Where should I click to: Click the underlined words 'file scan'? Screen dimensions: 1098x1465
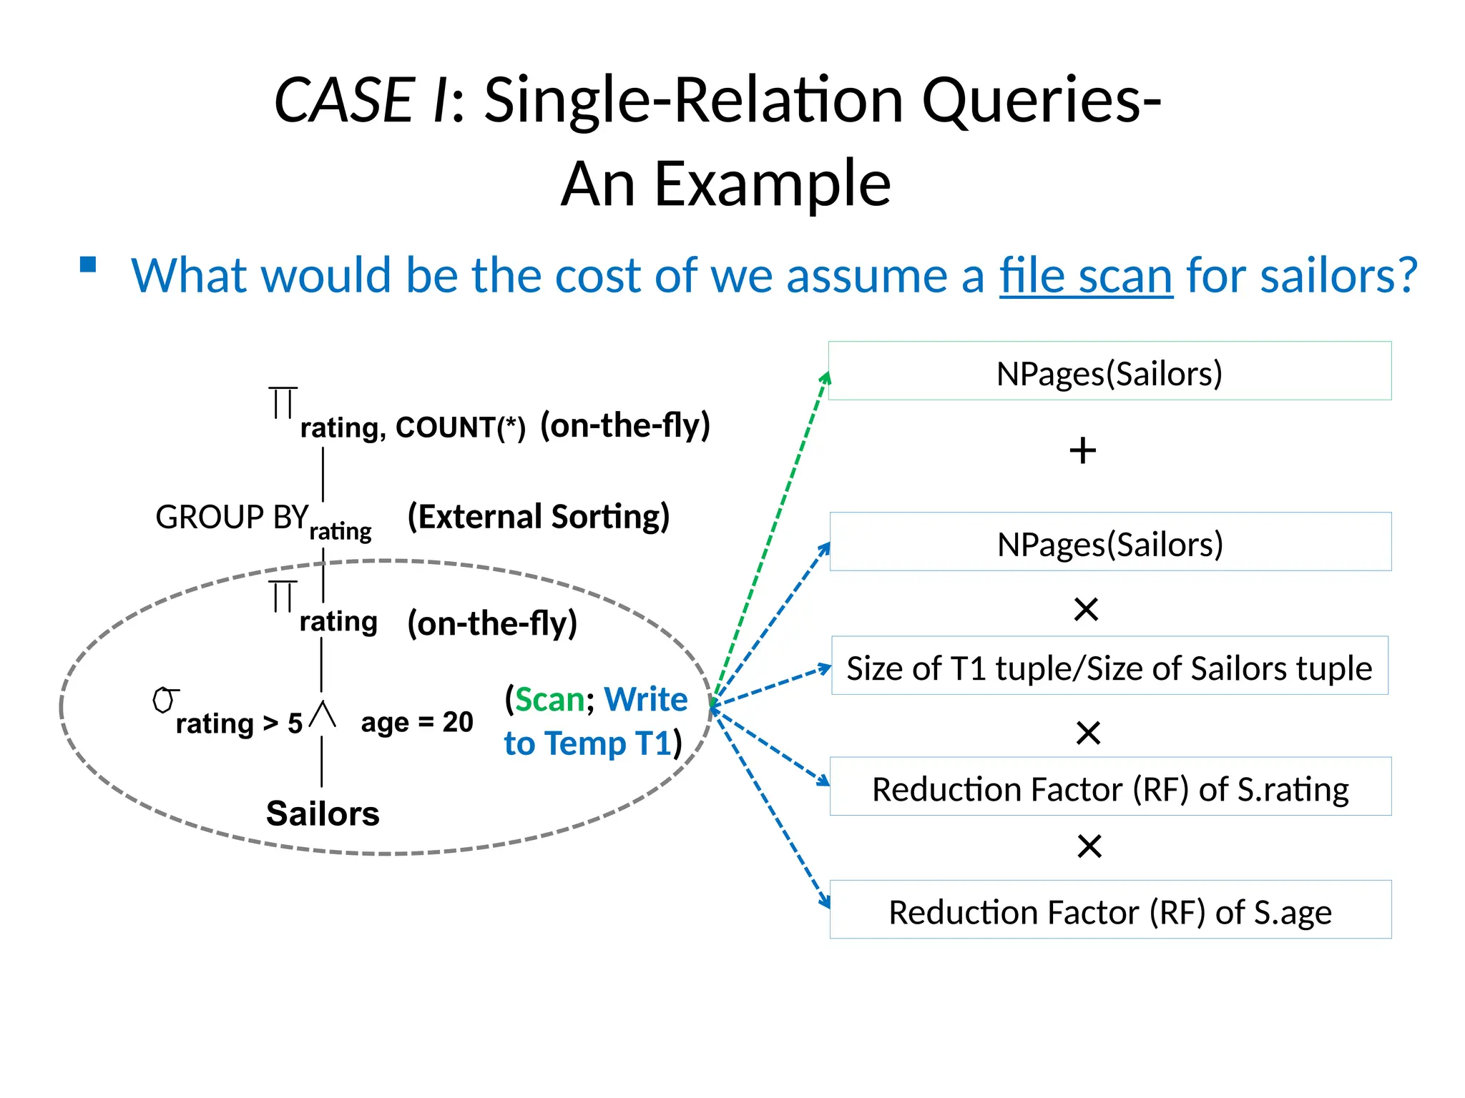point(1085,275)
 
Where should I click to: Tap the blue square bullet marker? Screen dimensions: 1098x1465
point(88,265)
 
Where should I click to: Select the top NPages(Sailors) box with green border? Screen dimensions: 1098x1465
point(1109,371)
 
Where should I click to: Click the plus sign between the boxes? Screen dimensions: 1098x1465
point(1082,451)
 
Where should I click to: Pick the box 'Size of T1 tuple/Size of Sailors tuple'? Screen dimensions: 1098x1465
point(1109,666)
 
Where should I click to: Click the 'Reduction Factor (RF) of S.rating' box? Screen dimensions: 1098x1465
point(1110,787)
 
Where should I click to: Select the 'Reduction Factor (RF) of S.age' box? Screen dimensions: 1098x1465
point(1110,910)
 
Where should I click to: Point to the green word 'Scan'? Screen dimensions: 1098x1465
point(549,699)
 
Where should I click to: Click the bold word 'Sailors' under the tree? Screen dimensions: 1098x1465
point(323,813)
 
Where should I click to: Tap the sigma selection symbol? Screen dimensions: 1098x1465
point(165,701)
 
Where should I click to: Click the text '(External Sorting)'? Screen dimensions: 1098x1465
point(538,516)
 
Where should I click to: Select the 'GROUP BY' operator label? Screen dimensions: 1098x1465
point(231,517)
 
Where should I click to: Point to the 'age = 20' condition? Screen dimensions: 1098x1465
point(417,722)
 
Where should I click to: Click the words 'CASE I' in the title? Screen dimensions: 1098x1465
point(361,100)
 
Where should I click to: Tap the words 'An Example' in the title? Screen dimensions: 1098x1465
point(725,184)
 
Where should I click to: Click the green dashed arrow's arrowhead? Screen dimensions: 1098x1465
point(826,377)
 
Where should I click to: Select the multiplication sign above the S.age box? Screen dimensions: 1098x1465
point(1089,846)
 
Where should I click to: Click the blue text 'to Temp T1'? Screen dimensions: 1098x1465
point(587,743)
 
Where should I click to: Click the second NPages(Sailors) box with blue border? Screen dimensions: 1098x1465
point(1110,543)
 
